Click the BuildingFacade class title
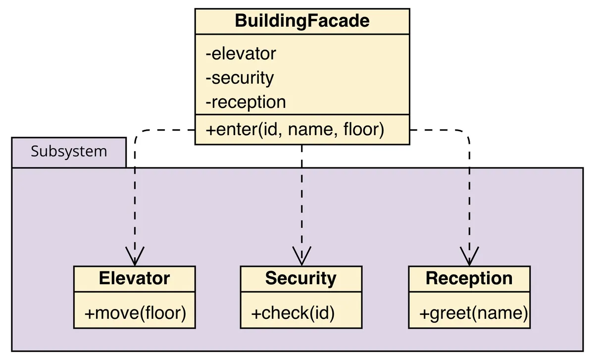[302, 21]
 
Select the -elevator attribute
[241, 53]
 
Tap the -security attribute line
[240, 78]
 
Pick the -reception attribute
[246, 102]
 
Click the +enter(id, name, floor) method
[295, 130]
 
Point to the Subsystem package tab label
[69, 152]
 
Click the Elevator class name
[134, 278]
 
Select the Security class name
[300, 278]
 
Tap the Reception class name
[469, 278]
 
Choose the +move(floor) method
[135, 313]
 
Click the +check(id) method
[293, 313]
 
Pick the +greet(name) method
[473, 313]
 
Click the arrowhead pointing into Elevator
[135, 257]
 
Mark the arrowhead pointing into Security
[301, 257]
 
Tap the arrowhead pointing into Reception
[469, 257]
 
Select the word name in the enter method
[310, 130]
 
